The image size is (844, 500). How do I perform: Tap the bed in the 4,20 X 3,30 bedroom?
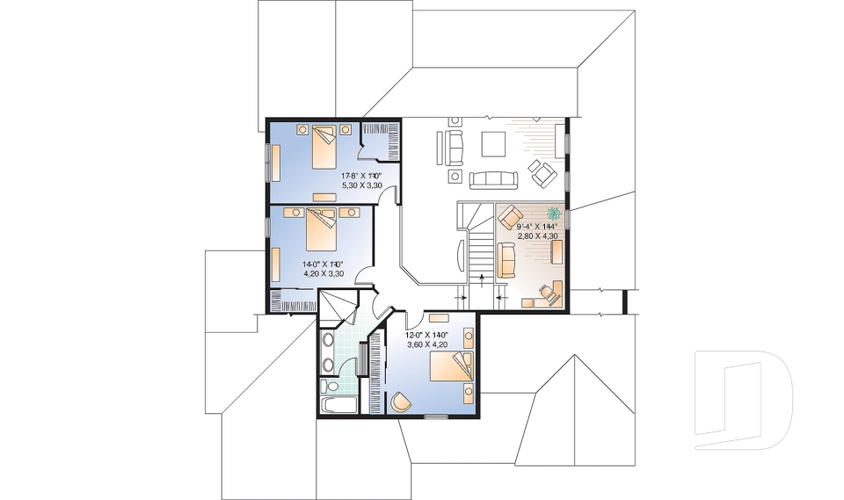click(x=321, y=233)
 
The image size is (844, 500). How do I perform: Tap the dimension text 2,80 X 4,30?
click(x=538, y=236)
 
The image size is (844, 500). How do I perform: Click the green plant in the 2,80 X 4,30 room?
click(x=555, y=213)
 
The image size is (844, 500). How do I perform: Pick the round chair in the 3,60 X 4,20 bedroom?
click(x=401, y=402)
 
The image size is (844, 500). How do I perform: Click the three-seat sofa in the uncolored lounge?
click(x=493, y=179)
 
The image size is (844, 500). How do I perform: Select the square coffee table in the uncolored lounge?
click(x=492, y=143)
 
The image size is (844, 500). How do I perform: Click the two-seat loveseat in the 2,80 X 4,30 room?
click(x=506, y=261)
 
